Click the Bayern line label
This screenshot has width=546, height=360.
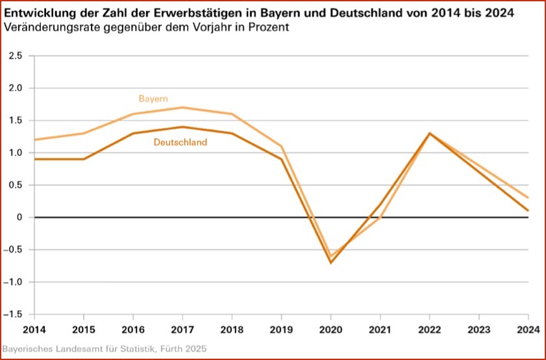pyautogui.click(x=153, y=99)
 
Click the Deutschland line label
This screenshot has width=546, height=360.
pyautogui.click(x=180, y=142)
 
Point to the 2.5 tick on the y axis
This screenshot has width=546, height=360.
pyautogui.click(x=16, y=56)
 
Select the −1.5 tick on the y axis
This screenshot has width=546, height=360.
pyautogui.click(x=14, y=315)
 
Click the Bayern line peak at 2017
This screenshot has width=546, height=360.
pyautogui.click(x=182, y=107)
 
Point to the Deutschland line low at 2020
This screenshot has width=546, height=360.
pyautogui.click(x=330, y=263)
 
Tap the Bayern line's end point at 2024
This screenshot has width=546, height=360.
pyautogui.click(x=528, y=198)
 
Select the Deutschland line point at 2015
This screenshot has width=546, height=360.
pyautogui.click(x=84, y=159)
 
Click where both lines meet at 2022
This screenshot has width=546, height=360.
pyautogui.click(x=429, y=133)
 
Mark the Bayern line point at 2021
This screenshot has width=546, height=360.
pyautogui.click(x=380, y=217)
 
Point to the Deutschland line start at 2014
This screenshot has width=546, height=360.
pyautogui.click(x=34, y=159)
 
